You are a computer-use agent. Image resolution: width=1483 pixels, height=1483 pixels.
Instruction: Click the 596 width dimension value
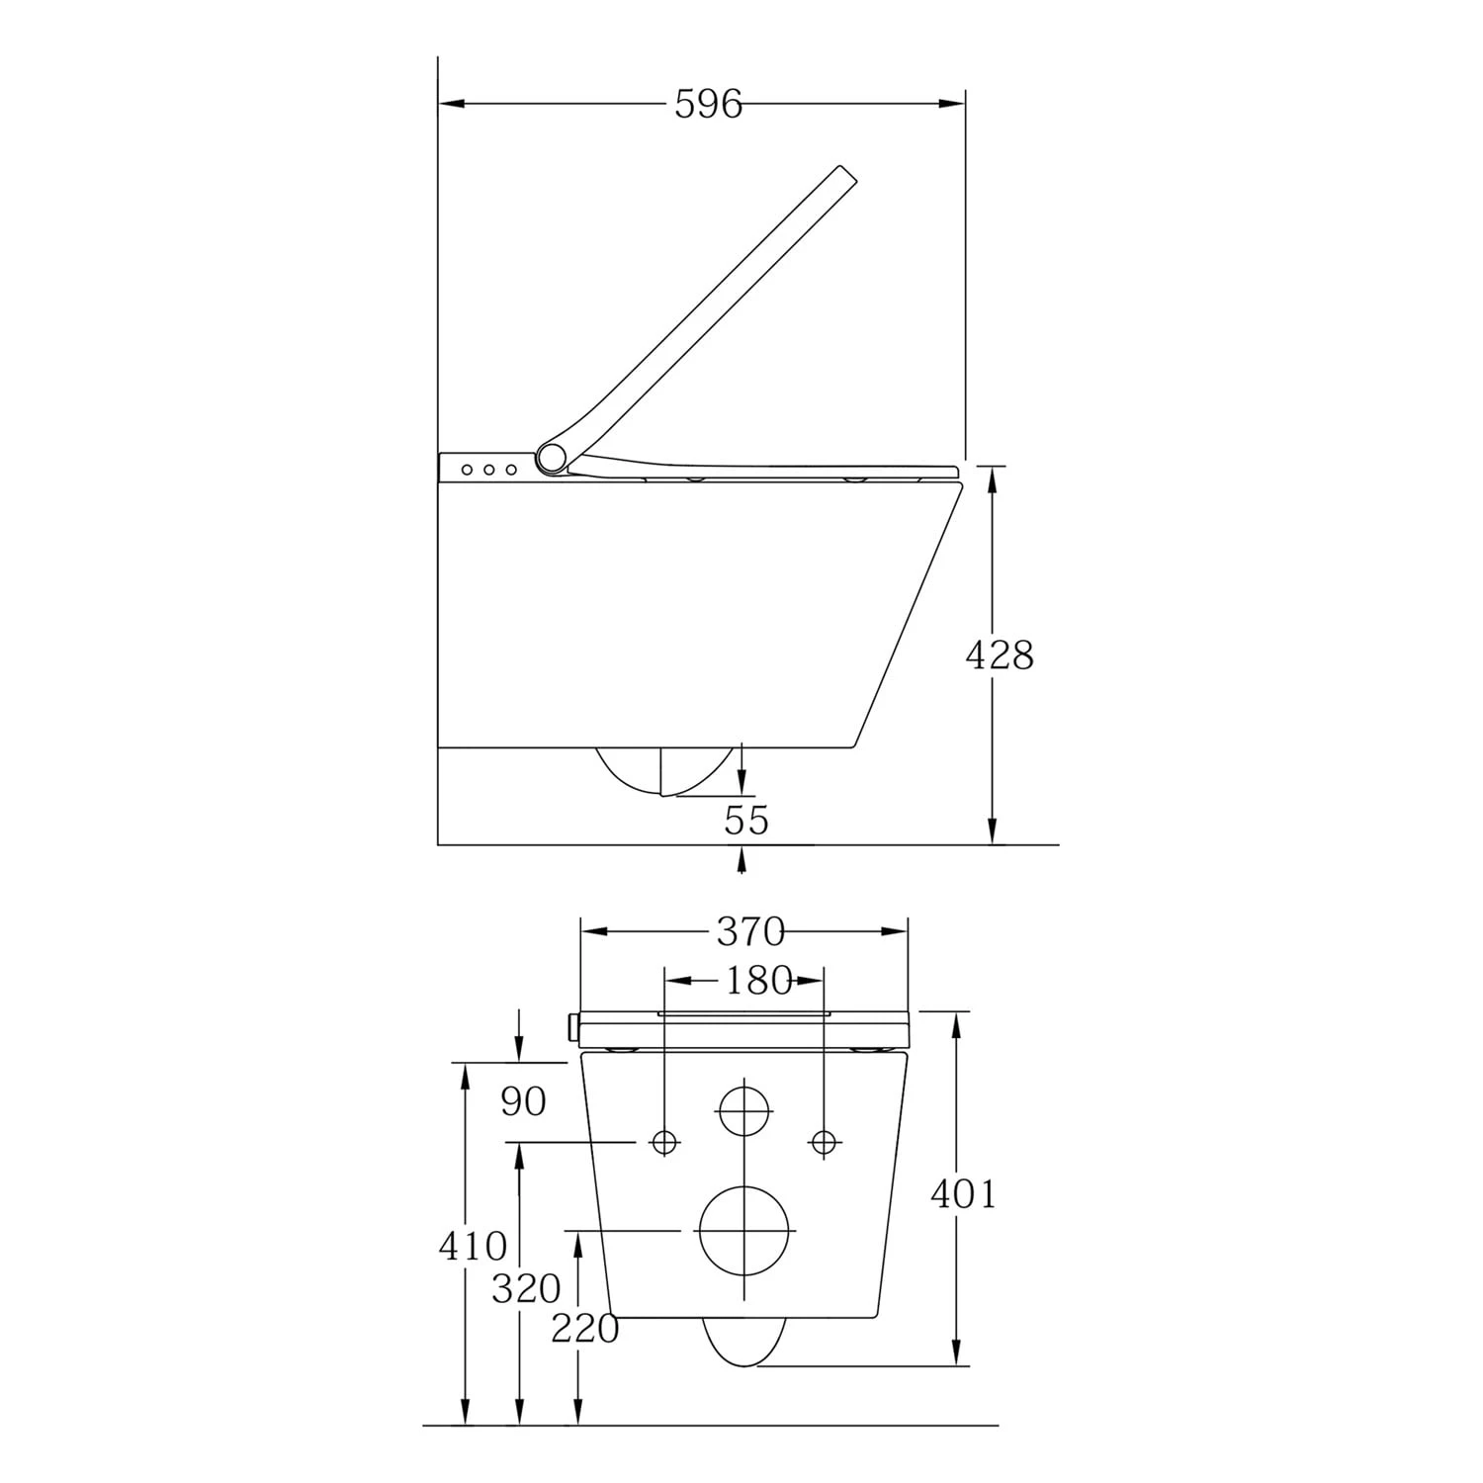click(708, 104)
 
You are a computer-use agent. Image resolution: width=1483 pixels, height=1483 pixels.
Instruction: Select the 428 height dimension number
click(999, 654)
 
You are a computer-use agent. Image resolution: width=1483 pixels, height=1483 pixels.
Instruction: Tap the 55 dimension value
click(746, 820)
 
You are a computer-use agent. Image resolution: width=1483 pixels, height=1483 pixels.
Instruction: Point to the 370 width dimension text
click(750, 931)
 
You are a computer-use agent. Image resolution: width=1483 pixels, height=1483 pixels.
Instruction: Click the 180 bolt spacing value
click(758, 981)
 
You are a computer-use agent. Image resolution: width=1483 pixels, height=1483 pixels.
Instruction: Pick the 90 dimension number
click(523, 1101)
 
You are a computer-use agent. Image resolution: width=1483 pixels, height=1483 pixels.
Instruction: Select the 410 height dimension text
click(473, 1247)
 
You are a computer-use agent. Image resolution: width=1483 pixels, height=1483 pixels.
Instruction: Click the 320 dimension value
click(526, 1289)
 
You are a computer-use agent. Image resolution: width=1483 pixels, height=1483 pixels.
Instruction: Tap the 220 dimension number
click(584, 1330)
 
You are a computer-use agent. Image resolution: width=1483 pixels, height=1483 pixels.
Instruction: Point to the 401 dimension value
click(963, 1194)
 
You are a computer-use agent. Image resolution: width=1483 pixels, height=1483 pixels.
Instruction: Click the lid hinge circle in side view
click(552, 457)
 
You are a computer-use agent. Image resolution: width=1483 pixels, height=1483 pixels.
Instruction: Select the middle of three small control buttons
click(488, 470)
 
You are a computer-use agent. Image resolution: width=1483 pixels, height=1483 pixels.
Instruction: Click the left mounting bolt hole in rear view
click(663, 1142)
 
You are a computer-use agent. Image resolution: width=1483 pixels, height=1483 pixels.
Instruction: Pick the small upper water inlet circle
click(743, 1111)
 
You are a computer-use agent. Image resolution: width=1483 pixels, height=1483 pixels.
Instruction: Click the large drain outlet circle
click(745, 1230)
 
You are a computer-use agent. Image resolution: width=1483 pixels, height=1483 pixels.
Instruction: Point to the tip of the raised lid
click(846, 173)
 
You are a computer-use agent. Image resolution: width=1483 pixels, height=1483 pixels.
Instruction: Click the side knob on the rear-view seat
click(572, 1027)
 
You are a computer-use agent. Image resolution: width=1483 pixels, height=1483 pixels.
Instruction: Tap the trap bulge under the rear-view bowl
click(744, 1341)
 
